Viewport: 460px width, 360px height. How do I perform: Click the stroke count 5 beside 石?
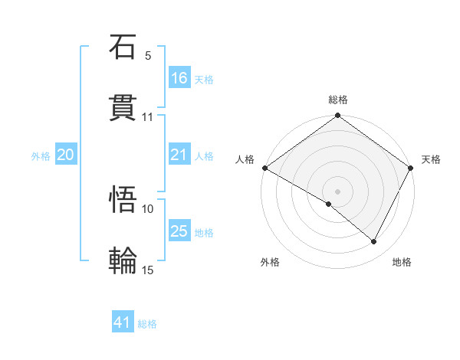tap(148, 56)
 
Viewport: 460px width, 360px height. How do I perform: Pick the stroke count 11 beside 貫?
tap(148, 117)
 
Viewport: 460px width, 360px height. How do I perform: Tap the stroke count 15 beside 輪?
tap(148, 270)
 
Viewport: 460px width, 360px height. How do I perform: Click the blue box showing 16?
tap(179, 78)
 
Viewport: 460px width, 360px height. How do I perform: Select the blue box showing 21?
tap(179, 155)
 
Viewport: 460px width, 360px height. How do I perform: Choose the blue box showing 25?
tap(179, 231)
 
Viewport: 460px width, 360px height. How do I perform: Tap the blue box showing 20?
tap(66, 155)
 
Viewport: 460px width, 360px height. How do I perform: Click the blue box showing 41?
tap(123, 322)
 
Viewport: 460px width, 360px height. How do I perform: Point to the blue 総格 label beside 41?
tap(147, 324)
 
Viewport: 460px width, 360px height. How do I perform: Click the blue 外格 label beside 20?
tap(41, 155)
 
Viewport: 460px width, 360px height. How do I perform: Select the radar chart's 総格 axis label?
tap(338, 100)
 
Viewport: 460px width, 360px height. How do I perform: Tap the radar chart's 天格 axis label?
tap(432, 159)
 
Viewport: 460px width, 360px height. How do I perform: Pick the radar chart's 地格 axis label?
tap(402, 262)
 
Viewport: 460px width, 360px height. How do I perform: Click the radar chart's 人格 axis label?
tap(245, 159)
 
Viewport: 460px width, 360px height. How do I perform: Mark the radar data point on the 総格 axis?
tap(338, 116)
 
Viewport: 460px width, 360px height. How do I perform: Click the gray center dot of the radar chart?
tap(338, 191)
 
